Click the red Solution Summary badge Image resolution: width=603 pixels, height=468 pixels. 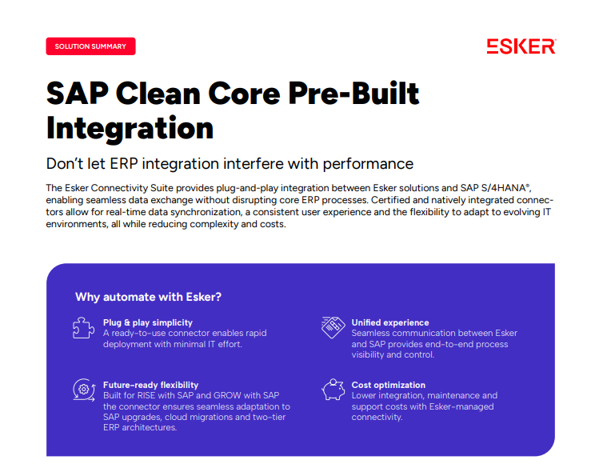coord(90,46)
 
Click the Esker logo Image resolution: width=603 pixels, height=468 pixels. coord(521,46)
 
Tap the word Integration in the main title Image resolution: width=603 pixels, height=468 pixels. coord(130,128)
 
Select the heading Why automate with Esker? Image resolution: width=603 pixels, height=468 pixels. coord(148,297)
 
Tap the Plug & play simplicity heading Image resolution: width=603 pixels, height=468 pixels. coord(148,322)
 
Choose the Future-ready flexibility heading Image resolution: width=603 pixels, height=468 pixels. coord(150,385)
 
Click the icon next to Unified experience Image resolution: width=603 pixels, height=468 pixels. coord(333,326)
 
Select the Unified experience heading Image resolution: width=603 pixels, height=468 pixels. coord(390,322)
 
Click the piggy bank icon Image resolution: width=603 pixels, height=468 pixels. coord(333,390)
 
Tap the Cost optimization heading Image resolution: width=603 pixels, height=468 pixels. coord(389,385)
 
